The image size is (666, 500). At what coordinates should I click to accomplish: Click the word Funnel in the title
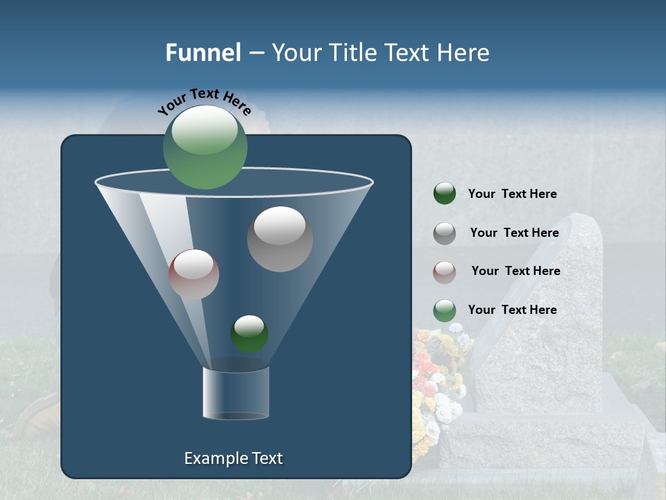point(203,53)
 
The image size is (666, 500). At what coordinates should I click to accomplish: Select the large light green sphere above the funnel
point(205,147)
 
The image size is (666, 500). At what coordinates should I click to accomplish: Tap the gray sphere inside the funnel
point(280,239)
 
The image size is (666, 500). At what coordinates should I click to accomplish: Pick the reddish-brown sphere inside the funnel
point(194,274)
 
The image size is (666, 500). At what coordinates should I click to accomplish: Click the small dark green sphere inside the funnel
point(249,334)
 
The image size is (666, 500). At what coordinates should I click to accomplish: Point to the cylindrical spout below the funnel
point(236,392)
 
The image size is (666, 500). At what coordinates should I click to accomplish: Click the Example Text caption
point(234,458)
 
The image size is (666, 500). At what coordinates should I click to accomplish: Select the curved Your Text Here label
point(204,101)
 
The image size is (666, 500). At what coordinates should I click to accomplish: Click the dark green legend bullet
point(445,194)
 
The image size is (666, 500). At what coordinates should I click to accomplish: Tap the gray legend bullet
point(445,233)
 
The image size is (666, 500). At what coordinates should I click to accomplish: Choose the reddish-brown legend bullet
point(445,272)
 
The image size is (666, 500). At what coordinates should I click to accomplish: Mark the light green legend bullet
point(445,310)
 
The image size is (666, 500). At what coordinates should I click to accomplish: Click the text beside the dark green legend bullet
point(512,194)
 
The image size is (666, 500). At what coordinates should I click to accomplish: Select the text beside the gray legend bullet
point(514,233)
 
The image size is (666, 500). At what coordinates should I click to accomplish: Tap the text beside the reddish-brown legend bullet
point(515,271)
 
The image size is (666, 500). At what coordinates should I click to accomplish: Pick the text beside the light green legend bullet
point(512,310)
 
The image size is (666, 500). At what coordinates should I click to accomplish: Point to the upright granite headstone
point(548,312)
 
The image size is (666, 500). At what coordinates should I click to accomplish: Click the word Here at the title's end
point(463,53)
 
